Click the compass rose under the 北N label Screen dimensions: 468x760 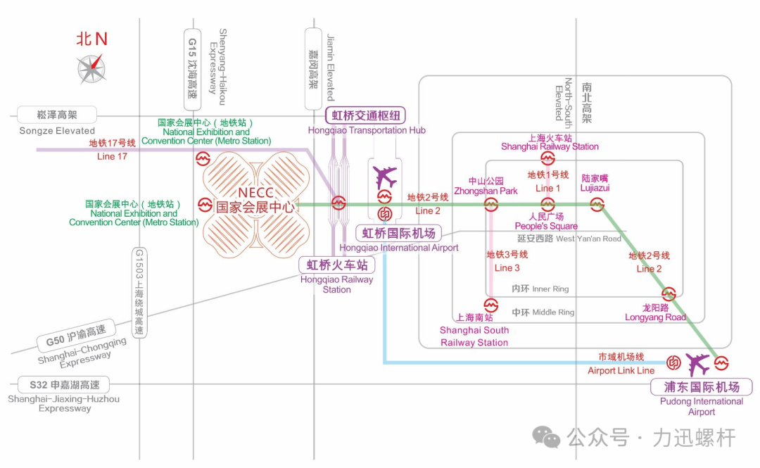91,69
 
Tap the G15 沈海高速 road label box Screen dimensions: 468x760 191,69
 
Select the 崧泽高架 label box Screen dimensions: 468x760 58,115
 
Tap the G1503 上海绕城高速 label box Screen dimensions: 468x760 139,292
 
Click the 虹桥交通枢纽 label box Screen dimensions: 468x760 366,116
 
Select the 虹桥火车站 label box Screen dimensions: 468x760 337,265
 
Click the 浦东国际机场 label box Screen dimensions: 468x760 702,387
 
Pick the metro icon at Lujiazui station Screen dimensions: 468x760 597,204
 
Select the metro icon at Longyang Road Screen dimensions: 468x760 669,293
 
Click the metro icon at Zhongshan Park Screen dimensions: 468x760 490,204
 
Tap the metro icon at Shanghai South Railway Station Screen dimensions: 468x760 490,305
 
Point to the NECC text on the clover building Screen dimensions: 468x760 255,193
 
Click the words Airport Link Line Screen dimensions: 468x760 621,370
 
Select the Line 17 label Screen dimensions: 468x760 112,156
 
